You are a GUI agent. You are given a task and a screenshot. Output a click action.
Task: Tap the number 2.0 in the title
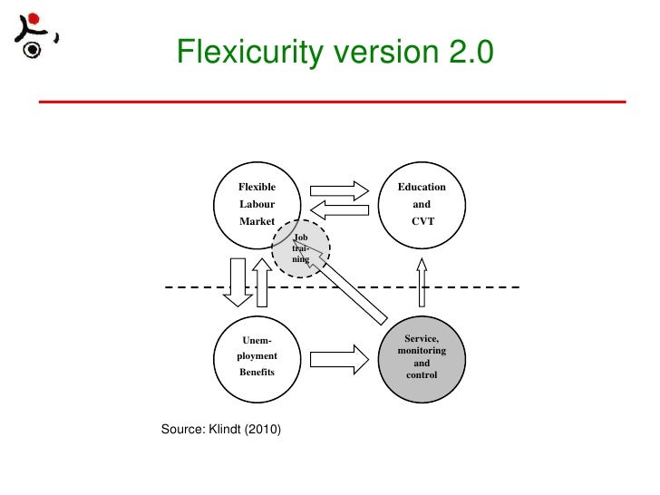[470, 53]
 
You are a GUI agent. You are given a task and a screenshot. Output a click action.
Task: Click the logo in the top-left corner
[35, 36]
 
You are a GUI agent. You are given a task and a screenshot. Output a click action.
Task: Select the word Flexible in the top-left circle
[257, 187]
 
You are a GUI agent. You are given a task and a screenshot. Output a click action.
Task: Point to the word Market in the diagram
[256, 221]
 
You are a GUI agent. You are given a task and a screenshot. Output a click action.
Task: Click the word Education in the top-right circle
[422, 187]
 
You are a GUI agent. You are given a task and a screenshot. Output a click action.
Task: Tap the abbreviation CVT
[422, 221]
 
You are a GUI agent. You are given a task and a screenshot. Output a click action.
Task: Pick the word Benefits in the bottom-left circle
[257, 373]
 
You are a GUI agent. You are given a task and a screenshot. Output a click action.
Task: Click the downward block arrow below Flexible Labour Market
[238, 282]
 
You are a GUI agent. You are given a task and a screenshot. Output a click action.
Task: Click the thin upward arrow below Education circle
[422, 282]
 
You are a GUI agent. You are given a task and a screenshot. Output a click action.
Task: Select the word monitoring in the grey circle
[422, 350]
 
